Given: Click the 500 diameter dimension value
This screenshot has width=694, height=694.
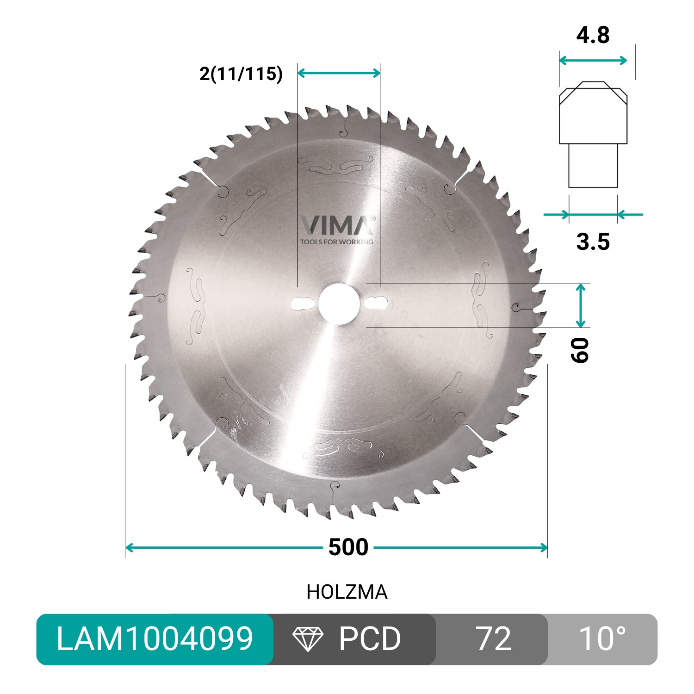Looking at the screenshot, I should coord(348,547).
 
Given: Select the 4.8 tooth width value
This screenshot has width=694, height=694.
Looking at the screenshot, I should coord(593,35).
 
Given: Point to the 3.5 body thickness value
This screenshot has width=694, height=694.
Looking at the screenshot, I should coord(593,242).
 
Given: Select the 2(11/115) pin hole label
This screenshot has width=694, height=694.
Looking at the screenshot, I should coord(241,74).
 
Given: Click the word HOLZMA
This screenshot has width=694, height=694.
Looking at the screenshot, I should coord(347,592).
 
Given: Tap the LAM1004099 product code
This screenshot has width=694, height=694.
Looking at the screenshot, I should coord(155,639).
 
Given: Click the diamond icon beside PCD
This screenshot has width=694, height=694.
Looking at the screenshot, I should coord(308,639).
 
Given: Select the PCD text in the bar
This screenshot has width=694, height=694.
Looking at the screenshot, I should coord(370,639).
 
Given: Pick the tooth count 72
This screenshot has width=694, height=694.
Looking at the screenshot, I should coord(494,639).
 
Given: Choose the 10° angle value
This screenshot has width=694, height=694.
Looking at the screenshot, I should coord(602,639).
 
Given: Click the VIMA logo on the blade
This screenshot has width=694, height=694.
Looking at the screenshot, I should coord(337,225).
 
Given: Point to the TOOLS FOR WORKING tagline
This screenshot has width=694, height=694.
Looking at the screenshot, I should coord(336,242).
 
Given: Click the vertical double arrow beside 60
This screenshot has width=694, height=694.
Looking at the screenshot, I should coord(581,306).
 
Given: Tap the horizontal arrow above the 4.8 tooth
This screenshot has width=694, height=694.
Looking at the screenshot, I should coord(593,61).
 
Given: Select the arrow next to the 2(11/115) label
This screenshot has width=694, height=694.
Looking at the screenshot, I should coord(339,73).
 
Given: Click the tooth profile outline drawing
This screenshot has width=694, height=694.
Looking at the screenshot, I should coord(593,134).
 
